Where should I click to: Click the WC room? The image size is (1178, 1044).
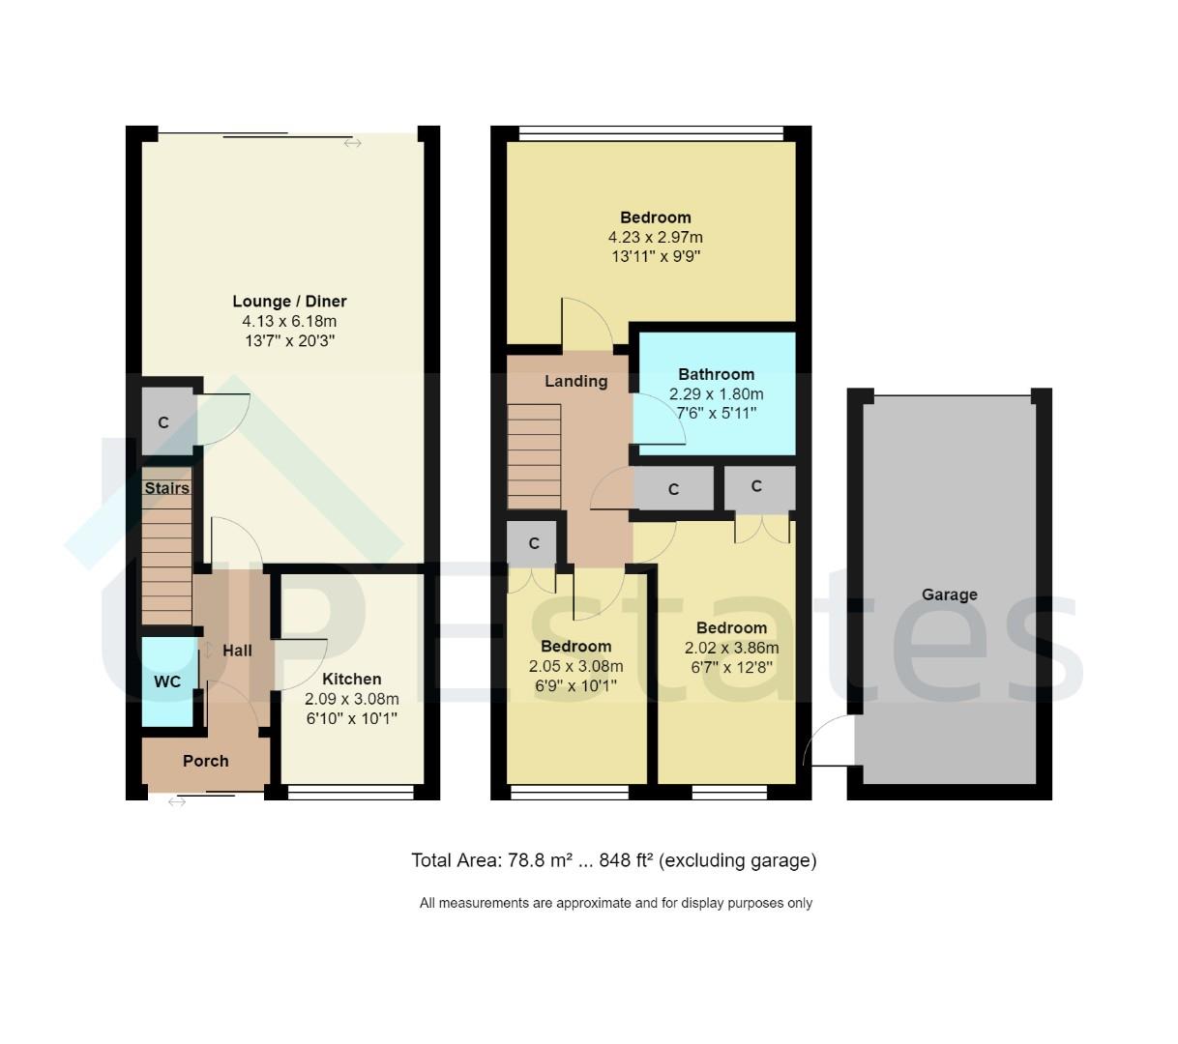pos(167,681)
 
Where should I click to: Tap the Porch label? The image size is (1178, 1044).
pos(206,761)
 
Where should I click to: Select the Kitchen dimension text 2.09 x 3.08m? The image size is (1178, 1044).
pos(351,699)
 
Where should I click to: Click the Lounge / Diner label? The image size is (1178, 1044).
pos(289,302)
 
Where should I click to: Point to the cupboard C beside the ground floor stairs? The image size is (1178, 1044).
pos(163,422)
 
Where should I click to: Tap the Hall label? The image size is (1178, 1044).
pos(237,651)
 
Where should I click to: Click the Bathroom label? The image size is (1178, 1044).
pos(716,374)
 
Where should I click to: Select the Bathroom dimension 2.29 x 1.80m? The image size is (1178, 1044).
pos(716,394)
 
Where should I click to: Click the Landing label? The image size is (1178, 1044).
pos(575,381)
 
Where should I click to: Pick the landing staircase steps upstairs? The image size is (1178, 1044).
pos(534,454)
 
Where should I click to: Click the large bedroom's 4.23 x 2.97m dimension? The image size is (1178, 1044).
pos(655,237)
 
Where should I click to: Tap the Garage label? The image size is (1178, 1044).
pos(949,594)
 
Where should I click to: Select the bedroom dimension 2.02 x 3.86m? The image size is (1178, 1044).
pos(731,649)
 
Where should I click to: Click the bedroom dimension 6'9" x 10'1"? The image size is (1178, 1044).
pos(575,686)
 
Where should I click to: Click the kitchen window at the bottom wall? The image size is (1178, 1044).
pos(351,793)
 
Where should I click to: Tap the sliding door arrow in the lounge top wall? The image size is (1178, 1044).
pos(352,143)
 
